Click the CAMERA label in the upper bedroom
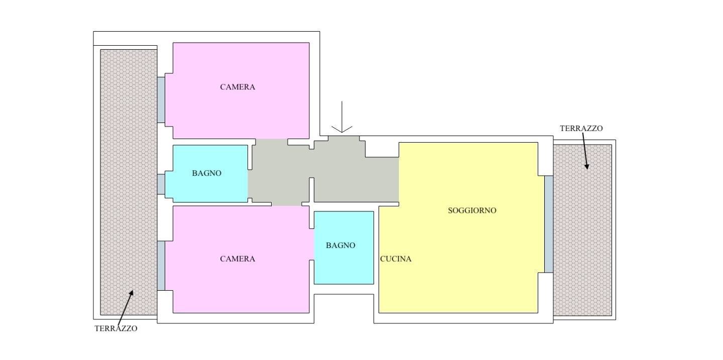point(237,87)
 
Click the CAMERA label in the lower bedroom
point(237,259)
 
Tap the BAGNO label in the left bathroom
point(206,173)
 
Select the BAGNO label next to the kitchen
point(340,246)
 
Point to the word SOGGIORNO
point(472,210)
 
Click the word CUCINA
point(396,259)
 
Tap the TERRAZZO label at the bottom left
point(116,328)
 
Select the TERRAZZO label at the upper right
point(581,129)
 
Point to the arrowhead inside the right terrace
point(587,166)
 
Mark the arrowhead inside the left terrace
point(131,293)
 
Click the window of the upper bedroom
point(161,100)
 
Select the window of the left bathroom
point(161,184)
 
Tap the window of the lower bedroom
point(161,266)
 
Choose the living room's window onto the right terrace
point(549,224)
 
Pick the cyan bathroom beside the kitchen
point(344,248)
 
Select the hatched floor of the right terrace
point(582,230)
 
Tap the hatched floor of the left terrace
point(129,182)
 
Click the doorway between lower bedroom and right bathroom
point(312,245)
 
